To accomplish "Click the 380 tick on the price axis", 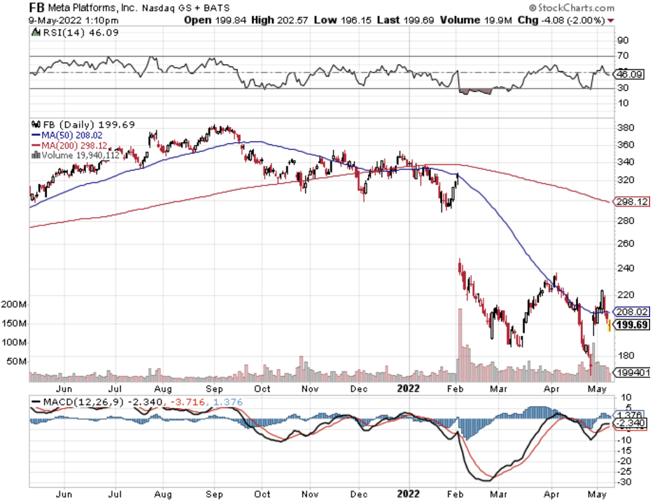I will [x=624, y=127].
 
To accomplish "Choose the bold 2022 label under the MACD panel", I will [x=408, y=494].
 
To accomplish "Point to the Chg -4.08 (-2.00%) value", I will [x=561, y=20].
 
